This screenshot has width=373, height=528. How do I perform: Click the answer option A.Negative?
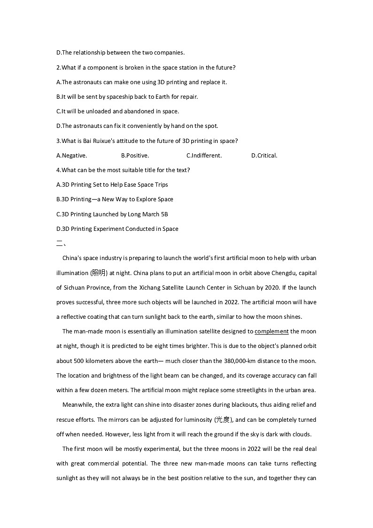click(x=71, y=156)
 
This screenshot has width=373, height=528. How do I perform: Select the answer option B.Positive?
click(x=135, y=156)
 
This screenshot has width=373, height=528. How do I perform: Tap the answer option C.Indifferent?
click(x=204, y=156)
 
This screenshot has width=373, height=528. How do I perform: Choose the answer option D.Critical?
click(x=264, y=156)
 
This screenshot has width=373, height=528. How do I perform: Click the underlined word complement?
click(x=272, y=331)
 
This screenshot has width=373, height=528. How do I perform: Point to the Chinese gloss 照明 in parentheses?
click(x=99, y=273)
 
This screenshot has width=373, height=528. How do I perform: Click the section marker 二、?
click(x=61, y=243)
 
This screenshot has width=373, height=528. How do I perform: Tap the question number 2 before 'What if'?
click(x=58, y=67)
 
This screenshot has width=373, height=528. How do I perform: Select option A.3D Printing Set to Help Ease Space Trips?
click(x=112, y=185)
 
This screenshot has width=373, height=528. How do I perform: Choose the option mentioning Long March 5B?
click(x=112, y=214)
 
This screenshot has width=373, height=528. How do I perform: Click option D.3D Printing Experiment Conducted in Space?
click(x=117, y=229)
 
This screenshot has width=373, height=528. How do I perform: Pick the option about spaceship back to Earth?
click(x=127, y=97)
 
